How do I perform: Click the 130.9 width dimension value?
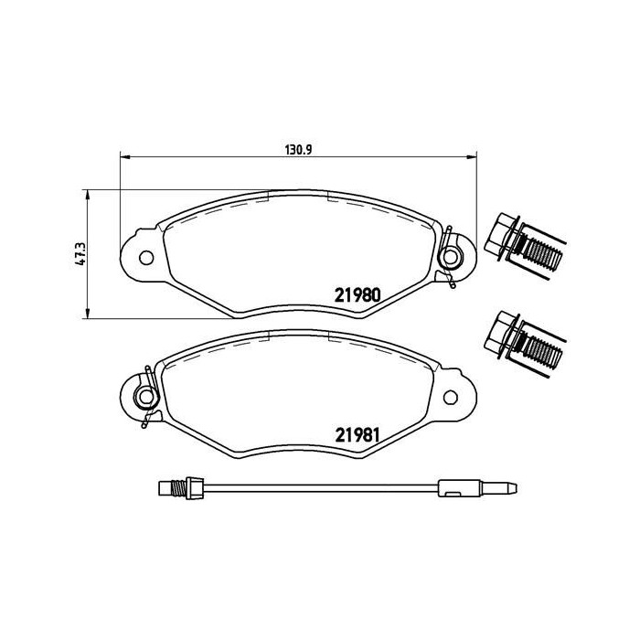tap(298, 150)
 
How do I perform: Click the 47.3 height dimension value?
tap(80, 254)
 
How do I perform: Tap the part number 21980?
tap(357, 295)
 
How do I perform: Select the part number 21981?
tap(357, 435)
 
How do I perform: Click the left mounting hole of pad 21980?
tap(146, 258)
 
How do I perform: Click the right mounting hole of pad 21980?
tap(450, 257)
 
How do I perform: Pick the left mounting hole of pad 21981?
tap(146, 396)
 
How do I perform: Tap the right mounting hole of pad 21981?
tap(451, 397)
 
